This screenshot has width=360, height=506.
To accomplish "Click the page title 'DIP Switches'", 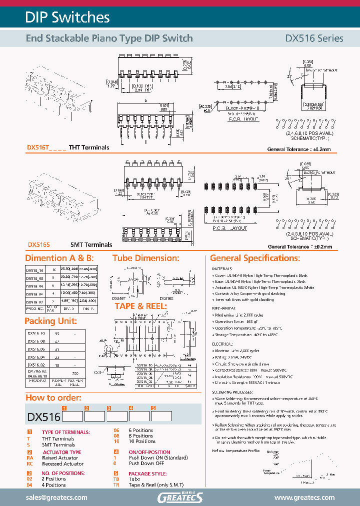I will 67,17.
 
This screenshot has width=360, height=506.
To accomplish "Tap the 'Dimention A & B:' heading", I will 59,258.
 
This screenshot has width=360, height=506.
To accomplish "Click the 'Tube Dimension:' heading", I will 145,258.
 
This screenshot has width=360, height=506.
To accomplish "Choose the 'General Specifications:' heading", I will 254,258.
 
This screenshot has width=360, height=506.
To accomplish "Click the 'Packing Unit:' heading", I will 50,321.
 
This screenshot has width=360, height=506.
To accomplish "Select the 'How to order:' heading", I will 53,397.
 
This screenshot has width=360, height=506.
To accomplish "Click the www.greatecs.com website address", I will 304,497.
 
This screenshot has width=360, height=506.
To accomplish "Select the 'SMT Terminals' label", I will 91,245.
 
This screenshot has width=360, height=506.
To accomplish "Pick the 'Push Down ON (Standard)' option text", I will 158,457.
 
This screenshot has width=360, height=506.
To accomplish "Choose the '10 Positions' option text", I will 141,441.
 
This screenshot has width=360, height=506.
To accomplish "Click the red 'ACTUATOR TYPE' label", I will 61,452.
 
